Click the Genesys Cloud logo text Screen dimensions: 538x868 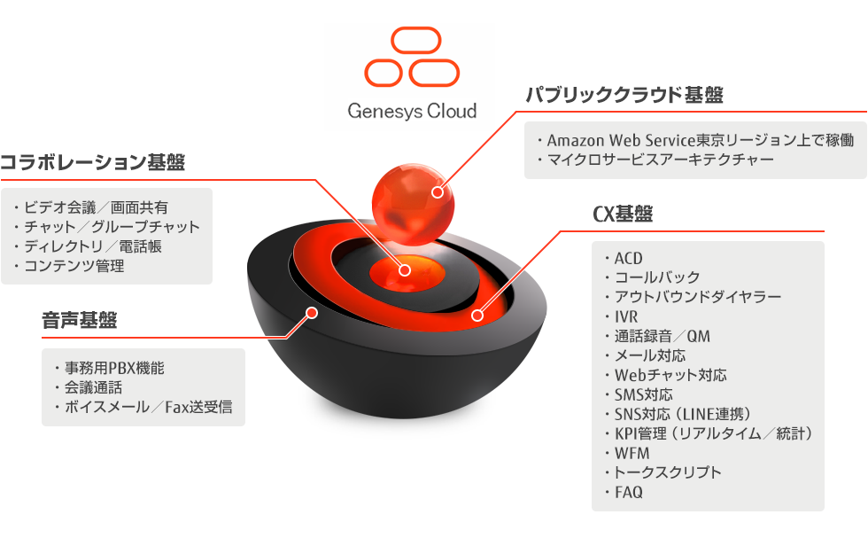(x=412, y=111)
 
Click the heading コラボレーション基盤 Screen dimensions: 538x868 (x=93, y=162)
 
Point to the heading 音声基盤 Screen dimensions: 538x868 (x=80, y=320)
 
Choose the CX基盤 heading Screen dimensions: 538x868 (x=623, y=214)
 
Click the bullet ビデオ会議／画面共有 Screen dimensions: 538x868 (x=95, y=208)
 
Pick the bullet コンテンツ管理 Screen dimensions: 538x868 (x=74, y=265)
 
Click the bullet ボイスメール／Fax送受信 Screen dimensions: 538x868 (x=147, y=408)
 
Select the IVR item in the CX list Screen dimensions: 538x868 (x=625, y=316)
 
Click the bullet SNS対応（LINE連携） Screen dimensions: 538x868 (x=682, y=414)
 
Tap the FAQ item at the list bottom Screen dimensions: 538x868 (x=628, y=492)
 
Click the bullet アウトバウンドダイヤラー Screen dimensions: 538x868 (x=697, y=297)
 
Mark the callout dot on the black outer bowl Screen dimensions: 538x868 (x=311, y=312)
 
